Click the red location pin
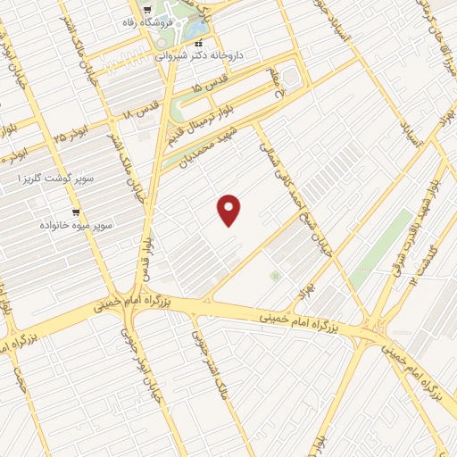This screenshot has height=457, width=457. pyautogui.click(x=229, y=210)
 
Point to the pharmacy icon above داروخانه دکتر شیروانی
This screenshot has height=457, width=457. pyautogui.click(x=199, y=42)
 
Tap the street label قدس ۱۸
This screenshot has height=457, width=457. pyautogui.click(x=139, y=114)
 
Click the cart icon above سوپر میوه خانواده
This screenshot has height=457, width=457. pyautogui.click(x=75, y=212)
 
